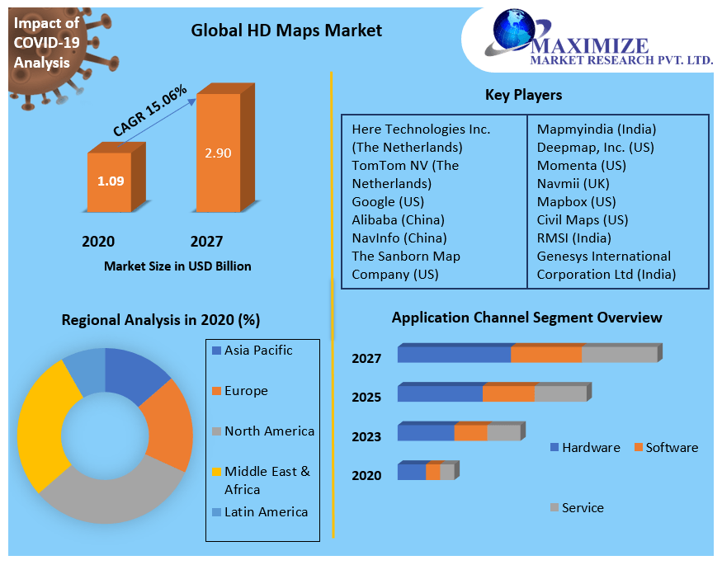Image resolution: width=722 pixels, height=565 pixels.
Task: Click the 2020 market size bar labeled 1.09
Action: coord(110,181)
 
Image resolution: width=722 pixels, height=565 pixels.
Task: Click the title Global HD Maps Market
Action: coord(286,31)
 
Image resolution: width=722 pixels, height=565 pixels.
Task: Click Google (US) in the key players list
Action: coord(388,201)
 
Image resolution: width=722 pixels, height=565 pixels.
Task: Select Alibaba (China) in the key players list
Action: coord(398,219)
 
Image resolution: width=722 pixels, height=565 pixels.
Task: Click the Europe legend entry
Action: coord(245,390)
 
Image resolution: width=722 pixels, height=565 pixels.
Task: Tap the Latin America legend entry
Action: coord(265,512)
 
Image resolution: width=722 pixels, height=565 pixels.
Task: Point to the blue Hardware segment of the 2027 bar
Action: coord(454,355)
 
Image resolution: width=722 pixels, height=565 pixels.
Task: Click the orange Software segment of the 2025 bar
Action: coord(508,393)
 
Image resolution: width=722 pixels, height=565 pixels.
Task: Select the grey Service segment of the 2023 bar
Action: coord(503,433)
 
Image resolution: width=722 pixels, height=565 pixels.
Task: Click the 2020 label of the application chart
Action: coord(366,475)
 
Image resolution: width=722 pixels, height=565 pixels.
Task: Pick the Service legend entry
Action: coord(582,508)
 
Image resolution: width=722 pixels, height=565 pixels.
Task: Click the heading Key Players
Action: coord(523,95)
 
